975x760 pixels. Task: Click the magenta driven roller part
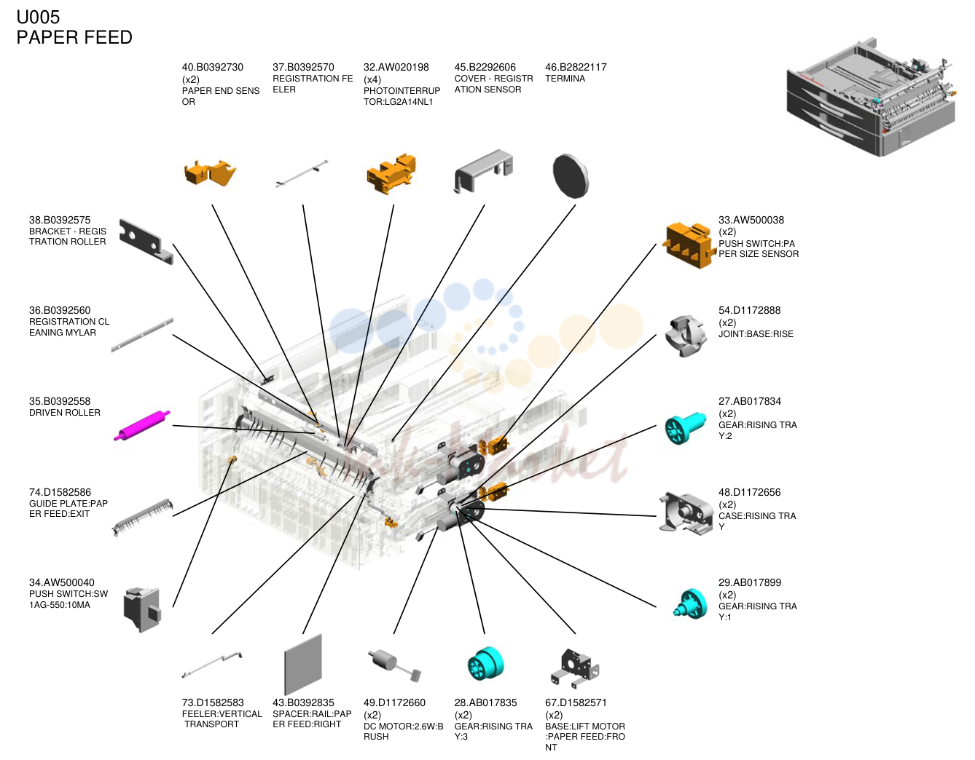point(142,425)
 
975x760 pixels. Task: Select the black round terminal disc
point(571,176)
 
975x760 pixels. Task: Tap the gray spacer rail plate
point(303,664)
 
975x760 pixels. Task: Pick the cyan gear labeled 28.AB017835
point(485,664)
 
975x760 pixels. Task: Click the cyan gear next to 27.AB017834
point(685,428)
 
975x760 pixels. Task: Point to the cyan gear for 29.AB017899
point(691,603)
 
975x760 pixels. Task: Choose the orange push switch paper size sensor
point(689,245)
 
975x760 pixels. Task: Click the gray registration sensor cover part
point(484,171)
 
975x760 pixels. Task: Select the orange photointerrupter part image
point(391,174)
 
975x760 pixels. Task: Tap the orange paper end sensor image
point(210,173)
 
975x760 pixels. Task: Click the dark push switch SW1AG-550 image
point(142,609)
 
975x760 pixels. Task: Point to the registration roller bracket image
point(146,241)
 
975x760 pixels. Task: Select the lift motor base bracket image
point(575,668)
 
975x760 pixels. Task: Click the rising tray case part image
point(686,513)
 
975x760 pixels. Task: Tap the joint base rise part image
point(686,336)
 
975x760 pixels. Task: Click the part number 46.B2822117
point(576,67)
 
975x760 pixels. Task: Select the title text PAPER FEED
point(74,37)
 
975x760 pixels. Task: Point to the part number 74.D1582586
point(60,492)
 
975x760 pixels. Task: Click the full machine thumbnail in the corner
point(871,97)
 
